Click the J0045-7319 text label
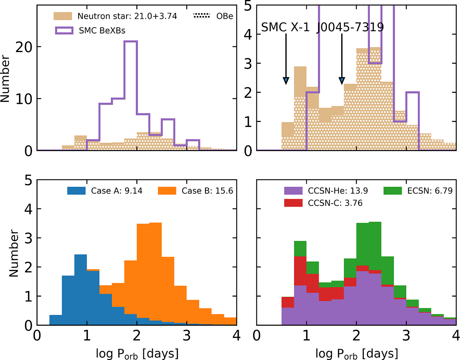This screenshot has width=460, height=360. point(350,28)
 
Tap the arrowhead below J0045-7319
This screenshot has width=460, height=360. point(342,81)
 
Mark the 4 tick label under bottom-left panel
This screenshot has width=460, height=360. point(236,336)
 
